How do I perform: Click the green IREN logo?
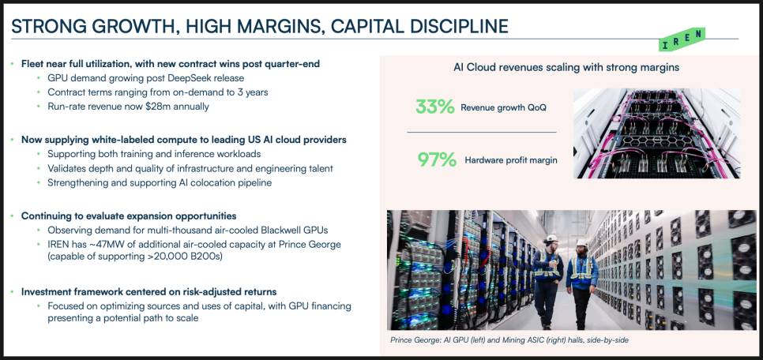tap(681, 39)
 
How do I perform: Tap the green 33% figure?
tap(434, 107)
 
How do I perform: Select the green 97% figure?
tap(437, 159)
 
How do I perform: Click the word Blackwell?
tap(268, 230)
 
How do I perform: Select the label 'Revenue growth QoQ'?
tap(503, 107)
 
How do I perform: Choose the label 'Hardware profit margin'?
tap(510, 160)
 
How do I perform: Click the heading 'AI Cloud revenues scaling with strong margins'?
tap(566, 68)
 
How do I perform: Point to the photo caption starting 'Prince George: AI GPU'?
tap(509, 340)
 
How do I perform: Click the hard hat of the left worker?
tap(551, 239)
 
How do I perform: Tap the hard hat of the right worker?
tap(581, 242)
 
